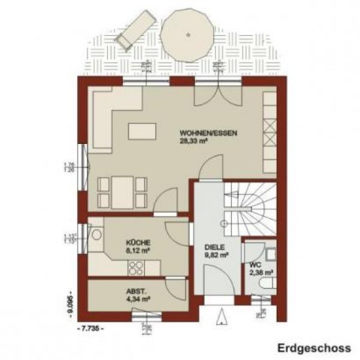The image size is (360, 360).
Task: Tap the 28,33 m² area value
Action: click(x=192, y=142)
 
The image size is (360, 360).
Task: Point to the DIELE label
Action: click(x=214, y=247)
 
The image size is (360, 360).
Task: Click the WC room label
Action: click(x=255, y=264)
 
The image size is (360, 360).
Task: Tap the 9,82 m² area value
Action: click(x=215, y=255)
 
